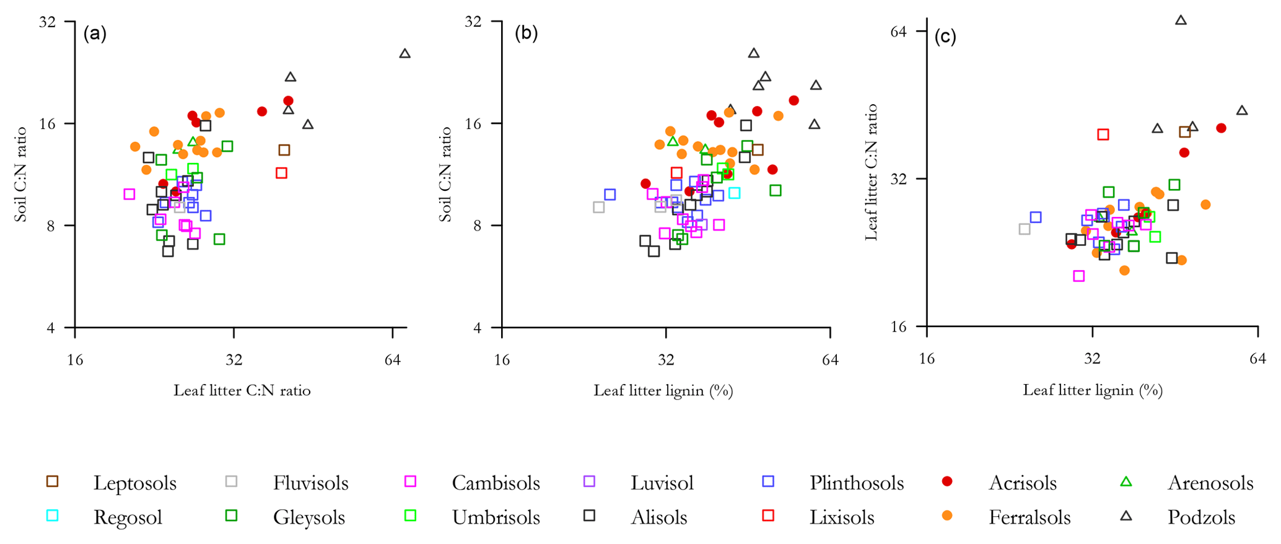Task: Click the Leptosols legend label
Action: coord(134,483)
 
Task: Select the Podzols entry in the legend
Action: coord(1201,517)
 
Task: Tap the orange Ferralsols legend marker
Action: coord(947,515)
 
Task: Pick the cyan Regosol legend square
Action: coord(53,515)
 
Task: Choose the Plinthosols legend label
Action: coord(856,483)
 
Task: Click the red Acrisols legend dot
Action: coord(947,481)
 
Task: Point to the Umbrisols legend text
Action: coord(496,517)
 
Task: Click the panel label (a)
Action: coord(95,33)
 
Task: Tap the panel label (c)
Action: coord(945,37)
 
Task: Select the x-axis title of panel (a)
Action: coord(242,390)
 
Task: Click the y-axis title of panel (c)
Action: coord(871,172)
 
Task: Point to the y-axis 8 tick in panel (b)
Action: coord(478,226)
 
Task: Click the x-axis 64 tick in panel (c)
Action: coord(1257,360)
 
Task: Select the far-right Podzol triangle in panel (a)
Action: coord(405,54)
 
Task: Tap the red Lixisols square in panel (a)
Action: coord(282,173)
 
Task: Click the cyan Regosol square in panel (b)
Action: coord(735,193)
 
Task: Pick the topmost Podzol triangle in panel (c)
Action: coord(1181,20)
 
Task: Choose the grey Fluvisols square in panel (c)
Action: coord(1025,229)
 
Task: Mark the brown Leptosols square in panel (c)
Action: coord(1184,132)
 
